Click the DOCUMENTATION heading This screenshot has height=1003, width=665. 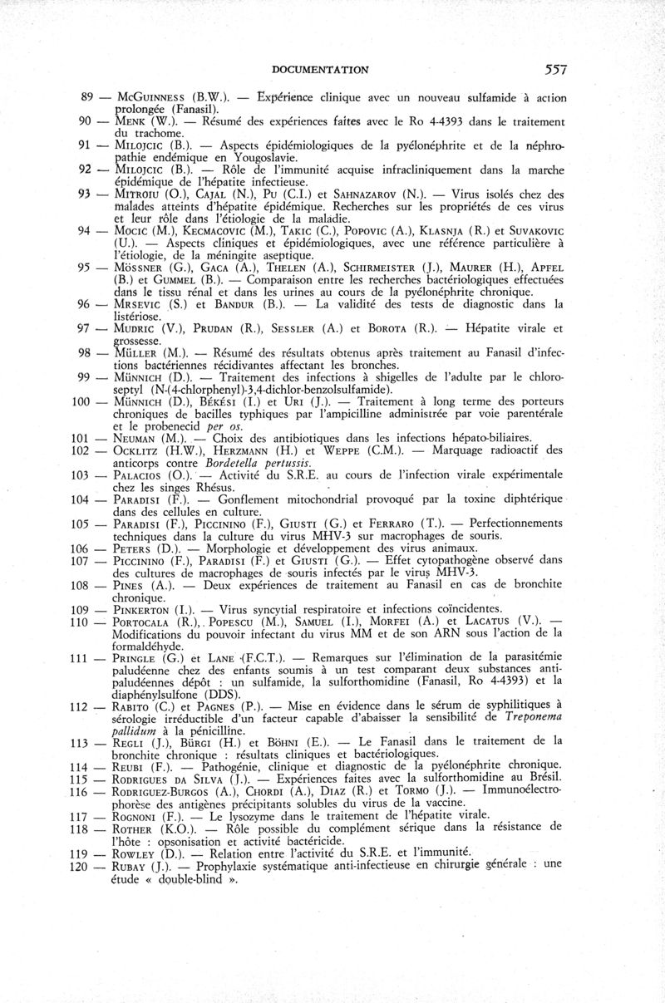click(320, 70)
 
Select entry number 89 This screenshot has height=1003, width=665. click(86, 98)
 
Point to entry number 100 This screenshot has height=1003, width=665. click(82, 401)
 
